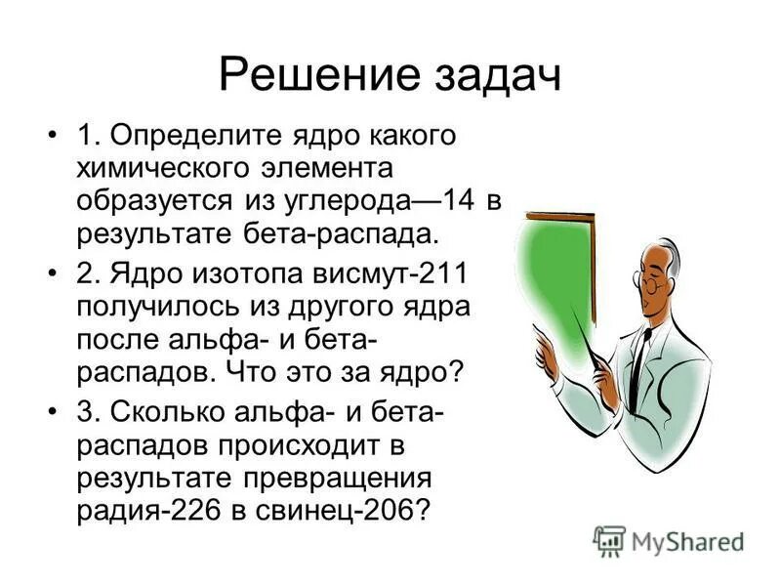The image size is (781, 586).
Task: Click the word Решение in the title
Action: (x=305, y=75)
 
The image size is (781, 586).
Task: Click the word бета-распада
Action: (x=341, y=234)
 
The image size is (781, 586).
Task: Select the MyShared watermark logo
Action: (x=669, y=539)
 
